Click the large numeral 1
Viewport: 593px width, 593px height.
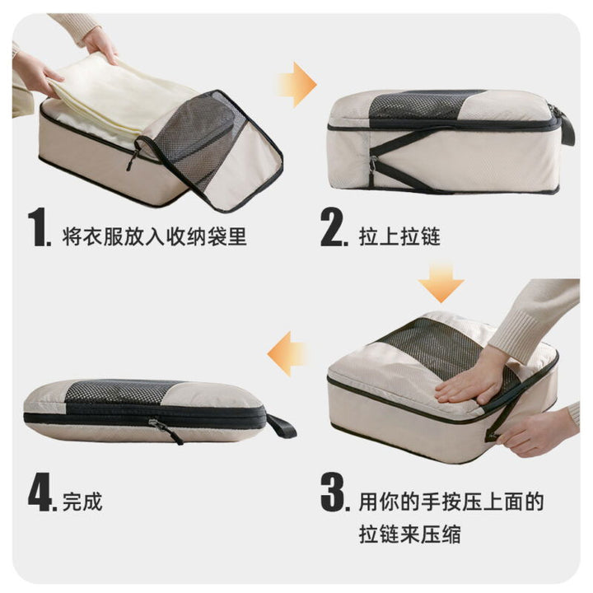(x=39, y=227)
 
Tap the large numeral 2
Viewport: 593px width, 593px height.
(x=333, y=227)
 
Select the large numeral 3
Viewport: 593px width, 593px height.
(x=333, y=492)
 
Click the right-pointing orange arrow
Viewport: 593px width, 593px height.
(x=297, y=85)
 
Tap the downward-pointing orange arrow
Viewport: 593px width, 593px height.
(x=441, y=281)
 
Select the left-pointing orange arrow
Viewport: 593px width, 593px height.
(x=287, y=354)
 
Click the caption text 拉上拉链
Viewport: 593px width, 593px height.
(x=399, y=236)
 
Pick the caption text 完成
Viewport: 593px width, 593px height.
(x=82, y=502)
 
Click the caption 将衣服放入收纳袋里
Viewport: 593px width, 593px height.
(x=155, y=236)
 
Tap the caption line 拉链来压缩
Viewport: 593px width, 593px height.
(x=410, y=535)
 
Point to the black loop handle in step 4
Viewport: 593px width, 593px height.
(x=281, y=427)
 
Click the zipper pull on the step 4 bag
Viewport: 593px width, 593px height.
(x=166, y=430)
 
